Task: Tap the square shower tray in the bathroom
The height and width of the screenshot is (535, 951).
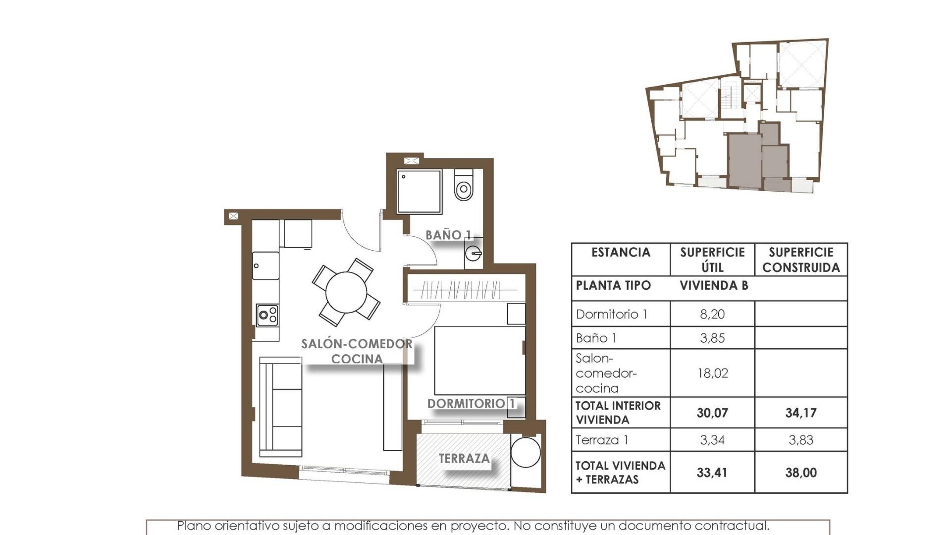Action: tap(419, 192)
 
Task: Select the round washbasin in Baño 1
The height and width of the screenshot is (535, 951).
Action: tap(474, 254)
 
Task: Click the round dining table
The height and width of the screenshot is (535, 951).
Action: tap(346, 292)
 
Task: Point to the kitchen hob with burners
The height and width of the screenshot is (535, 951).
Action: tap(267, 315)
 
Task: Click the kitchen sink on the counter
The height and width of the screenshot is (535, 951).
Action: tap(265, 266)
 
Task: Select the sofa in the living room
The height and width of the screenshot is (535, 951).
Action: tap(280, 407)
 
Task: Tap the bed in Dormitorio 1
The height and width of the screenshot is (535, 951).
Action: tap(479, 361)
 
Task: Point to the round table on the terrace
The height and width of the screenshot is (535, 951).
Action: tap(525, 451)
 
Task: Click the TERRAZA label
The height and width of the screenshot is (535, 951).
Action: tap(464, 459)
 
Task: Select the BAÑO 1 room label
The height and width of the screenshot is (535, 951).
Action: tap(448, 235)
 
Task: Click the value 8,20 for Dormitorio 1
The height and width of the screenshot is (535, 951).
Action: tap(712, 314)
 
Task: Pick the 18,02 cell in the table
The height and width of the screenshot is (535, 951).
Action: tap(712, 373)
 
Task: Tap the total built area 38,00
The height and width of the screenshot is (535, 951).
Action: tap(800, 473)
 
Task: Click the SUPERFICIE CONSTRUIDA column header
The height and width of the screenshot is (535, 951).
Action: tap(800, 260)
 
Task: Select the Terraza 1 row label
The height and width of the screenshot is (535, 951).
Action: tap(602, 440)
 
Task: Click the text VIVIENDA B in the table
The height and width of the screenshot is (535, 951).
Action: tap(713, 286)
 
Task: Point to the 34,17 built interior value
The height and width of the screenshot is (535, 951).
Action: tap(800, 413)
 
